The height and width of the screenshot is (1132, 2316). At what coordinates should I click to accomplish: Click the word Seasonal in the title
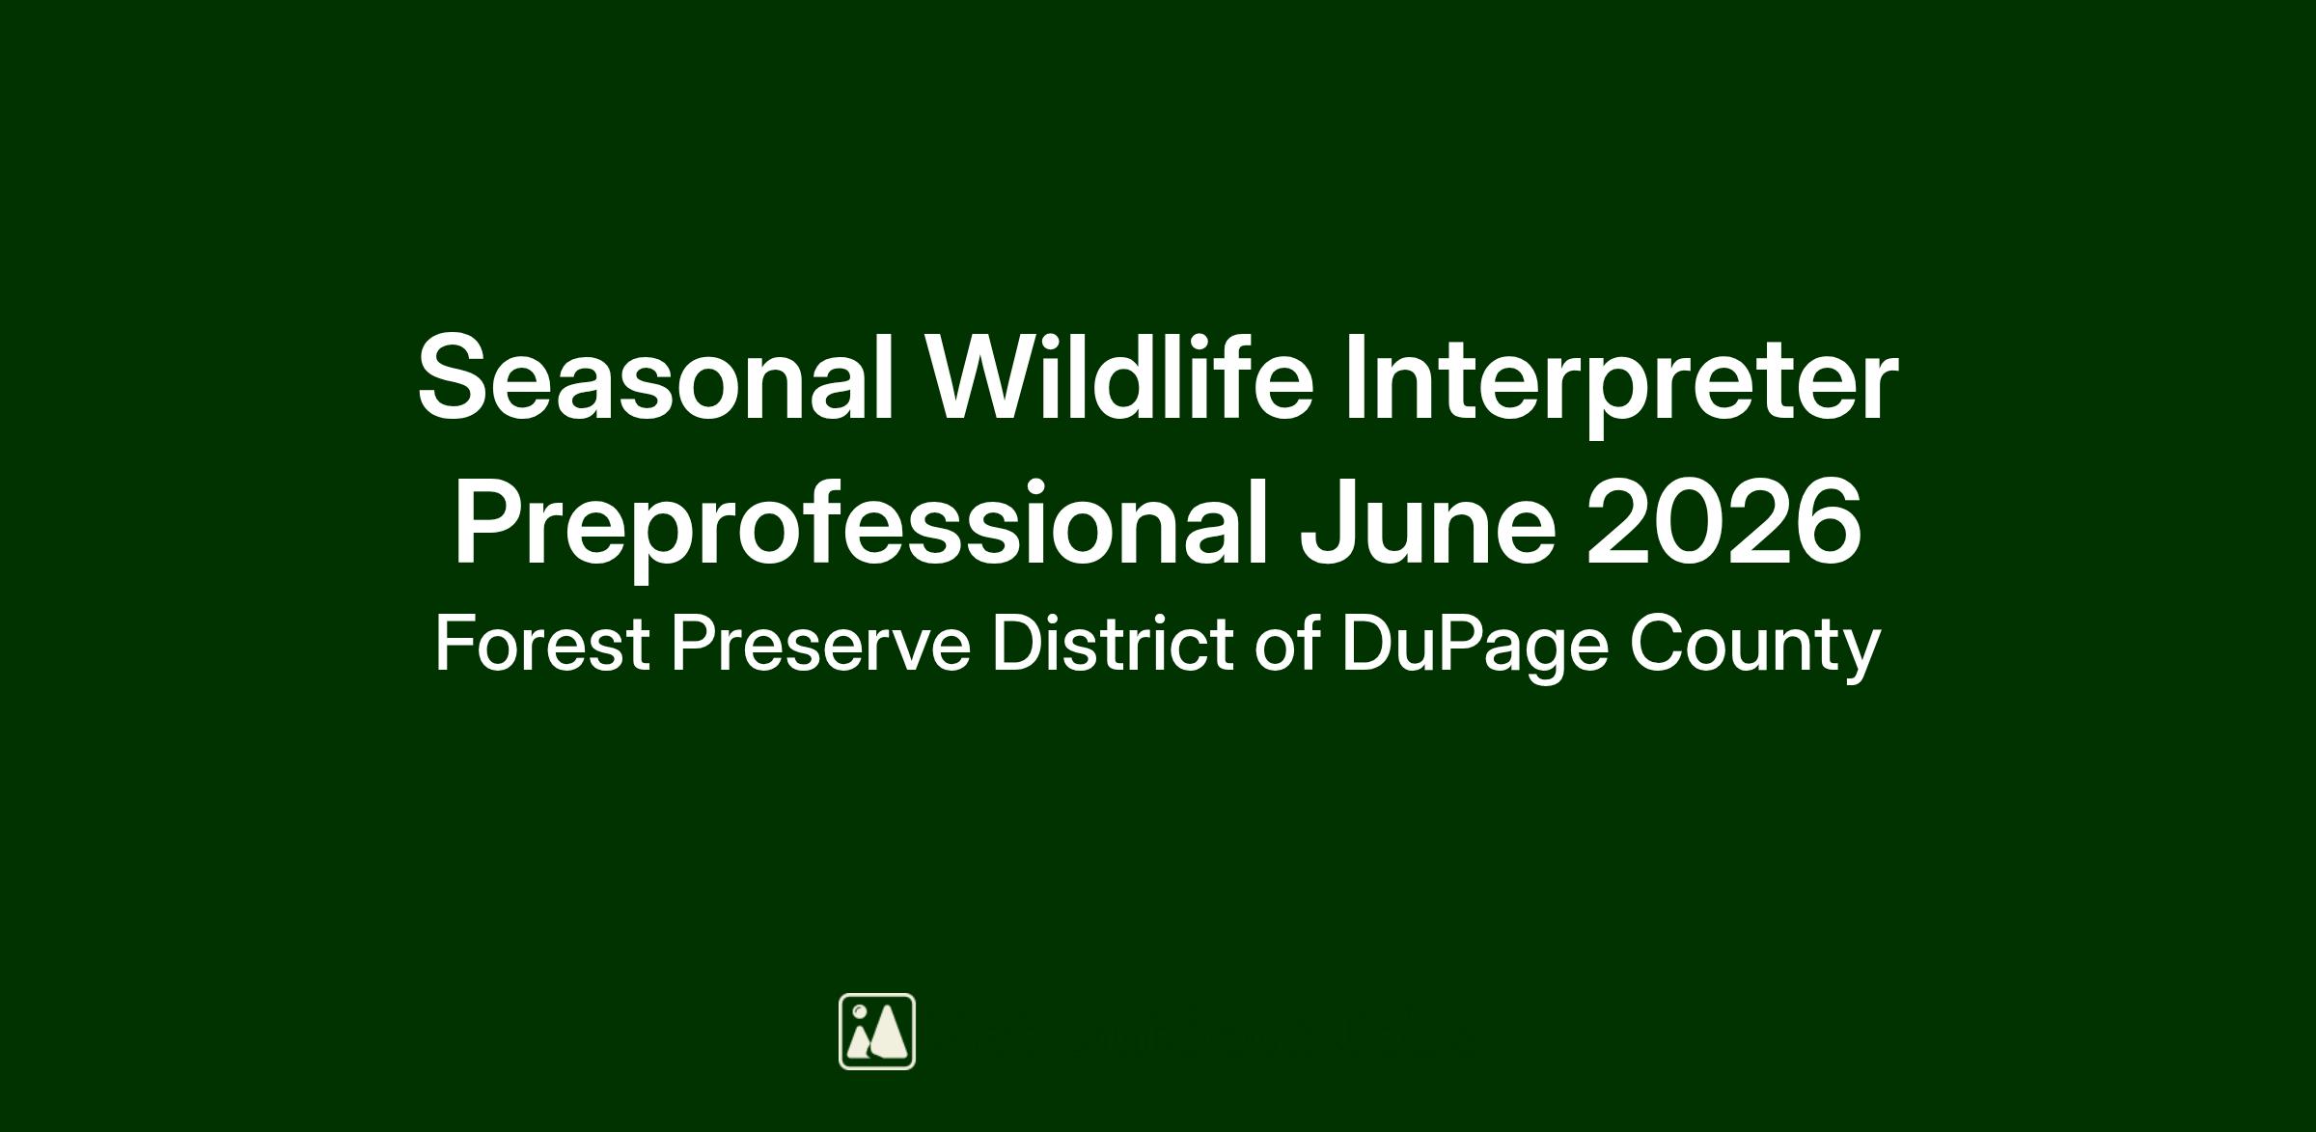point(656,377)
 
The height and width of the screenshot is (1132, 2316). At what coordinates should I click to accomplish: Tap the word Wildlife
point(1119,375)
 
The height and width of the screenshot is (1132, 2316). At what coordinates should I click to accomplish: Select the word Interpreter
point(1621,385)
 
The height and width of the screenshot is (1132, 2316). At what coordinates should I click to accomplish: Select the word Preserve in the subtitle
point(821,643)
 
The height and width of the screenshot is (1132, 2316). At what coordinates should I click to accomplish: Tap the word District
point(1113,642)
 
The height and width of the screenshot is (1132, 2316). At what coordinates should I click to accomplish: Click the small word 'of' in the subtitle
point(1287,642)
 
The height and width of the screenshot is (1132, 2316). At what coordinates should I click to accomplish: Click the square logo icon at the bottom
point(877,1032)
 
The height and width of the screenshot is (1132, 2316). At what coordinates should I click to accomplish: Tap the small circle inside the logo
point(859,1011)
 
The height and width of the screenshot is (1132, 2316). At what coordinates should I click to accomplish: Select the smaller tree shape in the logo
point(859,1042)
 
